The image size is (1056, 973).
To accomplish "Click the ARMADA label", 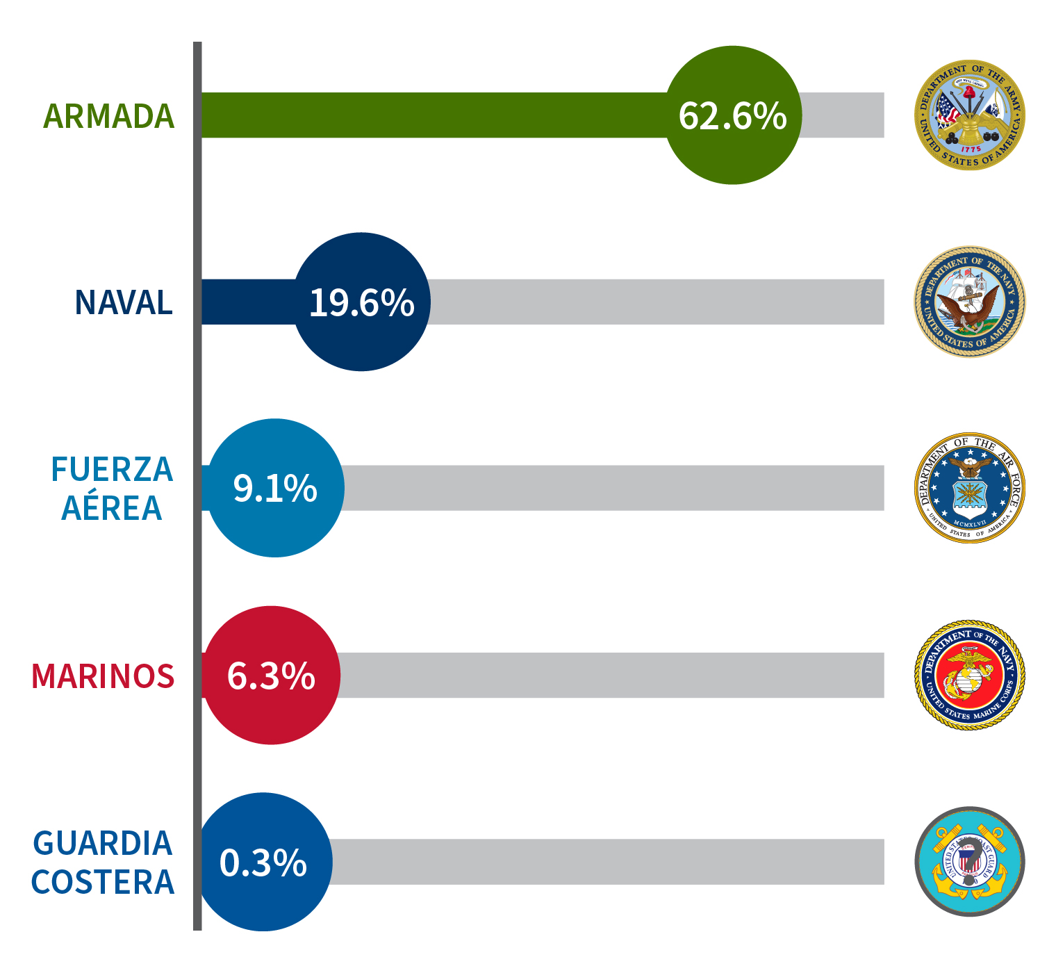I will coord(108,116).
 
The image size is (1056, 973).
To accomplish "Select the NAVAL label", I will coord(123,302).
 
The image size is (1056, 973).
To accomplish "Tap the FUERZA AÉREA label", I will coord(111,489).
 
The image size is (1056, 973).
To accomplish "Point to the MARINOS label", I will coord(103,676).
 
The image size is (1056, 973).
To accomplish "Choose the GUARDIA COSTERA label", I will coord(103,862).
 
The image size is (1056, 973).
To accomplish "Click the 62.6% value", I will coord(732,115).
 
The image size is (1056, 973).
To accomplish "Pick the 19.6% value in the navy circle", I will coord(361,302).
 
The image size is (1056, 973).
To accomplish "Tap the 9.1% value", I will coord(275,488).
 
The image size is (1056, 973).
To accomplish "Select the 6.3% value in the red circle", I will coord(271,676).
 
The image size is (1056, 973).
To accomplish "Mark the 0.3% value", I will coord(263,862).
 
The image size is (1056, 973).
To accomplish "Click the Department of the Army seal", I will coord(969,115).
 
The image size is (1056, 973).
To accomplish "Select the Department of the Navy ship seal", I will coord(969,302).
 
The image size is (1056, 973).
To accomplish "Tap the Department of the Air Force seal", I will coord(969,488).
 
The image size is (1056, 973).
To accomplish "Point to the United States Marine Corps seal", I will coord(969,675).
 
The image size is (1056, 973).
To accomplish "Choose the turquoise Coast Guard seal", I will coord(969,862).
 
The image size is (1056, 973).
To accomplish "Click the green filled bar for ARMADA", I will coord(431,115).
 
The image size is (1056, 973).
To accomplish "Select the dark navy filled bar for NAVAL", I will coord(247,302).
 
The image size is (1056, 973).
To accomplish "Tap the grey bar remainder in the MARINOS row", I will coord(611,676).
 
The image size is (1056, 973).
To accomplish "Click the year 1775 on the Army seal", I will coord(971,149).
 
